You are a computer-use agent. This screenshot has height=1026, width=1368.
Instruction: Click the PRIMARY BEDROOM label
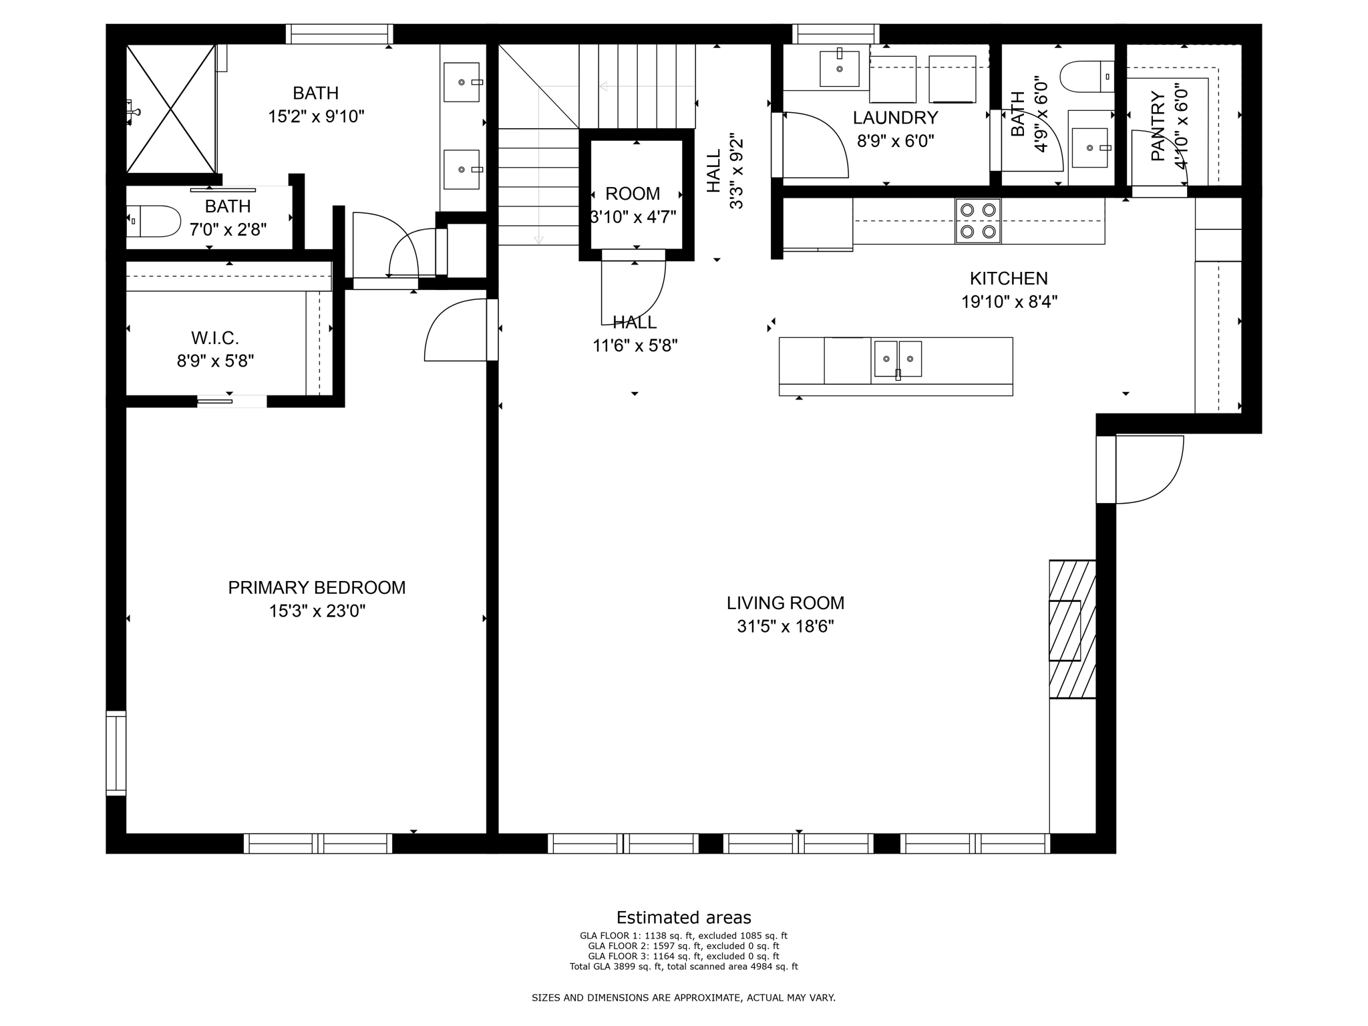(317, 588)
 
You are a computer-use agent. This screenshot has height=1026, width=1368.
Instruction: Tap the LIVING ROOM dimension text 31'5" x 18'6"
(786, 627)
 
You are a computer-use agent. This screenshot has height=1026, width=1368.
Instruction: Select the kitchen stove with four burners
(978, 221)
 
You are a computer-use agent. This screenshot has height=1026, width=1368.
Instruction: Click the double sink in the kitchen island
(898, 359)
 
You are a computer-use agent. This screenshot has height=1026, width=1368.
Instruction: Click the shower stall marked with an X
(171, 109)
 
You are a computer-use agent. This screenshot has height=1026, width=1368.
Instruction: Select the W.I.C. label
(214, 338)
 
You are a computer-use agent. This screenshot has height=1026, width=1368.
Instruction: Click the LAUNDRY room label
(895, 118)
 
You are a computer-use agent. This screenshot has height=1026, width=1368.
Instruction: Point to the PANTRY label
(1158, 126)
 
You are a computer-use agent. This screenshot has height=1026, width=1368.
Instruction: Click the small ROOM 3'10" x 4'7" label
(633, 194)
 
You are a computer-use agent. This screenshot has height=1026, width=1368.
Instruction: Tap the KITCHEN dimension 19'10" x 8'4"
(1009, 302)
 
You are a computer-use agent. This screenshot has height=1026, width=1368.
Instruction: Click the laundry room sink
(839, 68)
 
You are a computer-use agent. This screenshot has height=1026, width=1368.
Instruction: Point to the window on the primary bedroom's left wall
(116, 753)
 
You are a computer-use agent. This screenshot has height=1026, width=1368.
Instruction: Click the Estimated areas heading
(683, 917)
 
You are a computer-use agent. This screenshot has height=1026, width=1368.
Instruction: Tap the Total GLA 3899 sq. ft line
(683, 967)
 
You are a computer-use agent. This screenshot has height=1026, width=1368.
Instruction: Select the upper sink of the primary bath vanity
(462, 82)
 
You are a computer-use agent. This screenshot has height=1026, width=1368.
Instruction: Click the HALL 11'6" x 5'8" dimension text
(635, 346)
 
